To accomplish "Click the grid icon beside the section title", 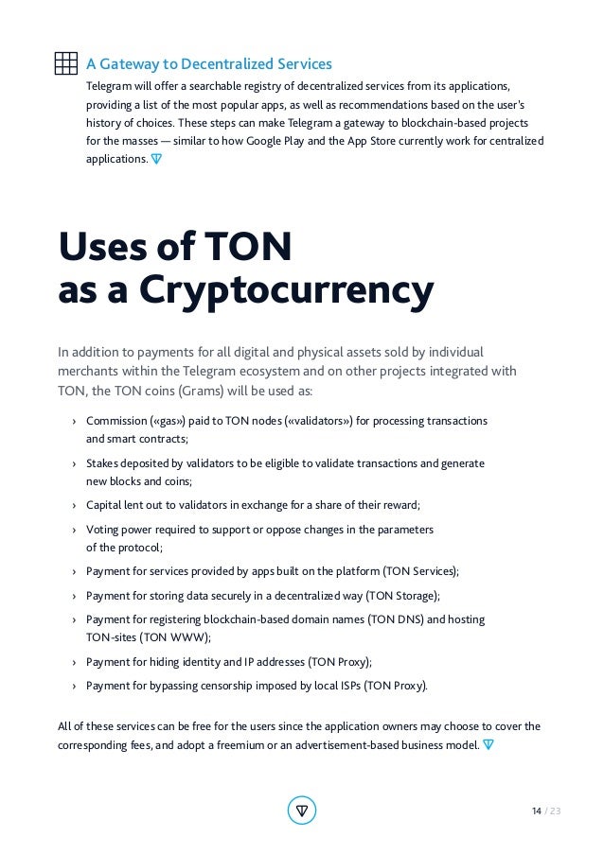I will tap(65, 63).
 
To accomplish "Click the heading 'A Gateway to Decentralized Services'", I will tap(208, 64).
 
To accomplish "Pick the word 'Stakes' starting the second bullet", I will tap(103, 463).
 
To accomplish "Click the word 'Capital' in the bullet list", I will tap(105, 504).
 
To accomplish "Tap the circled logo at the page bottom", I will tap(301, 810).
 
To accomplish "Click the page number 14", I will tap(536, 811).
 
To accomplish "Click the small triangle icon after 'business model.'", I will tap(488, 744).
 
